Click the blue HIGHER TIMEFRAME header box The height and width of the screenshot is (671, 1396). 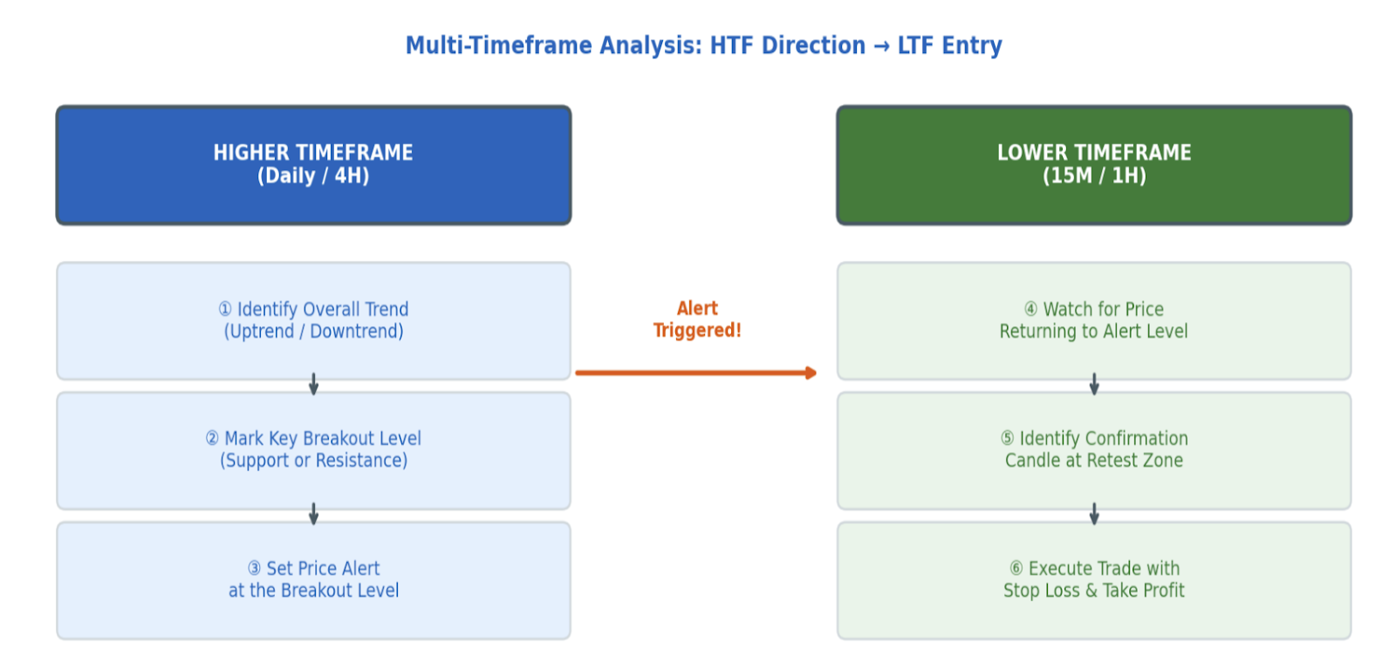tap(313, 165)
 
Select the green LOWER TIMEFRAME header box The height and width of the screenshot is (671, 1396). tap(1094, 165)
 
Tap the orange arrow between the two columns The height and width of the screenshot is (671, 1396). tap(695, 373)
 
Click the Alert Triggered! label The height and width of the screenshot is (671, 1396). tap(697, 319)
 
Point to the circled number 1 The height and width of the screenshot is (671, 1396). tap(225, 309)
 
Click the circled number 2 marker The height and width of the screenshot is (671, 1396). tap(212, 439)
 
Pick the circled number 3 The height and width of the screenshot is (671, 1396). tap(254, 568)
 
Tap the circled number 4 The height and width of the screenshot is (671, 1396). tap(1030, 309)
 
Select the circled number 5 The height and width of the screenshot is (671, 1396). tap(1007, 439)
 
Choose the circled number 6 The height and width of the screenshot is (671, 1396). tap(1016, 568)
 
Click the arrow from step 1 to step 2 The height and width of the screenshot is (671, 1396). tap(313, 384)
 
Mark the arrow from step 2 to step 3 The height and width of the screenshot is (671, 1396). tap(313, 513)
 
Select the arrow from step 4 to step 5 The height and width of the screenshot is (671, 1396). tap(1094, 384)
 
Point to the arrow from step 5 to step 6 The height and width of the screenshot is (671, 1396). tap(1094, 513)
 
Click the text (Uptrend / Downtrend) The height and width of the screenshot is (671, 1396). tap(313, 332)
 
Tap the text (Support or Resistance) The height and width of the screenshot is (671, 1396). tap(313, 461)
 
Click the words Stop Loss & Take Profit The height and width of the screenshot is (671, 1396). tap(1094, 591)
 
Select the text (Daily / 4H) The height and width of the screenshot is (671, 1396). tap(313, 176)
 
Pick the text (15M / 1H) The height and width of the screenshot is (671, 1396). tap(1094, 176)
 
